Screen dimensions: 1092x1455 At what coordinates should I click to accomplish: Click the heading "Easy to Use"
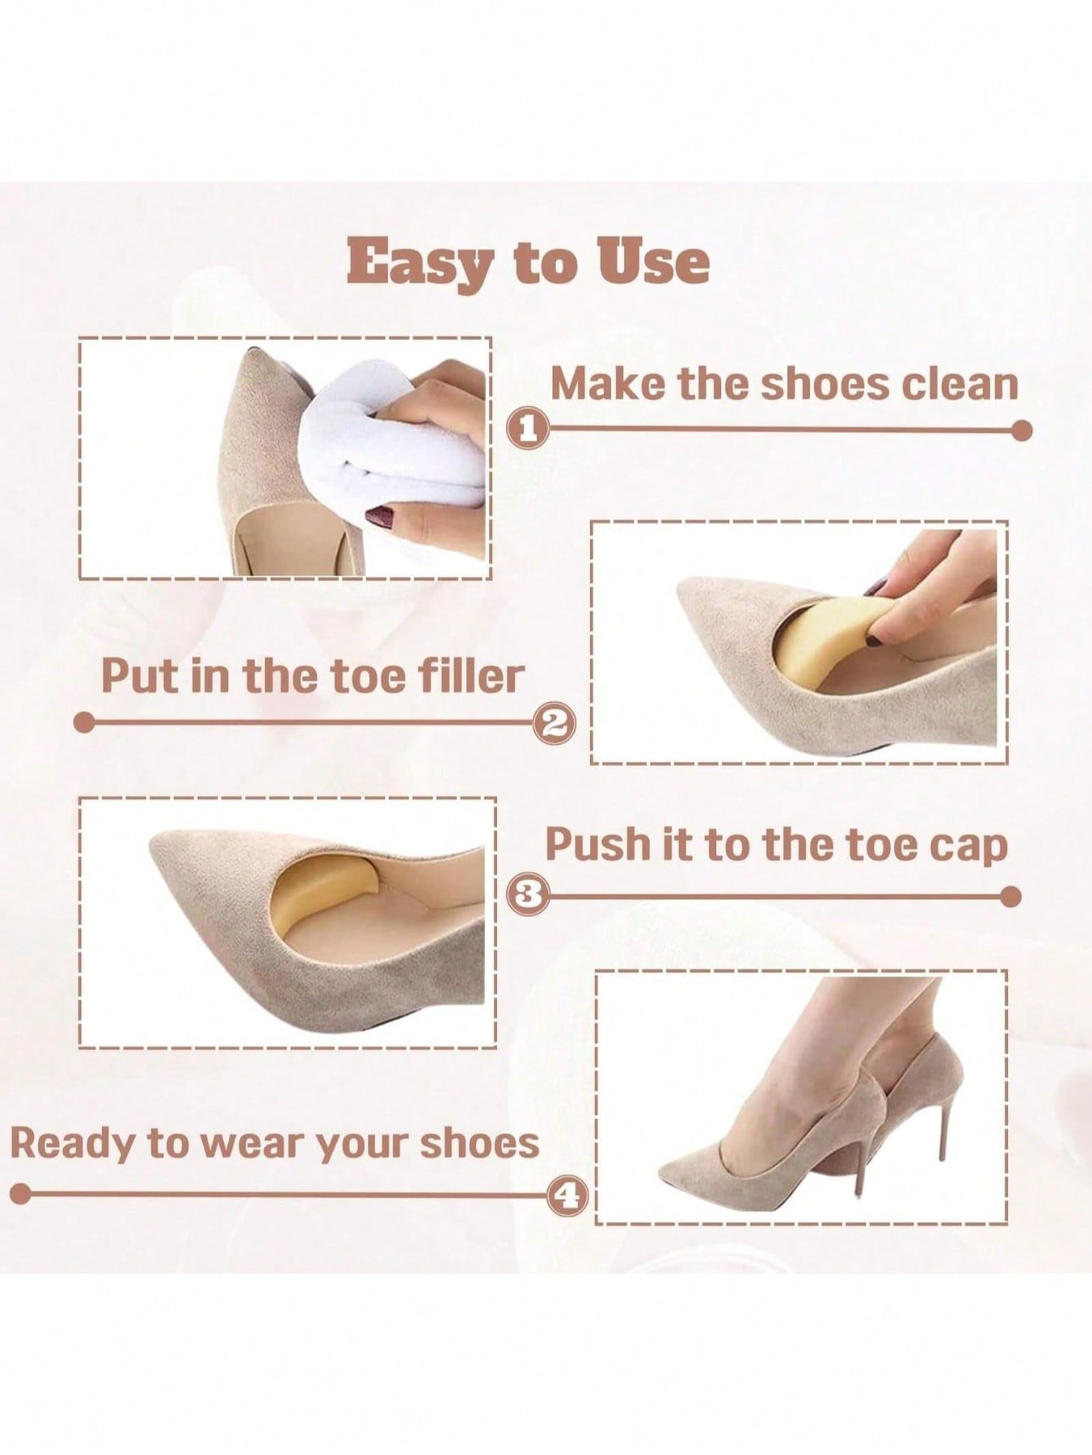click(x=528, y=262)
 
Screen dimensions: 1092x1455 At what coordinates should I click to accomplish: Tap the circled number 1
click(x=528, y=428)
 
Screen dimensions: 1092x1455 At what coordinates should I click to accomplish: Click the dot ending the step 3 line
click(x=1011, y=897)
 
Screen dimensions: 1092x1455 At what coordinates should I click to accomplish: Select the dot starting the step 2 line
click(x=84, y=723)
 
